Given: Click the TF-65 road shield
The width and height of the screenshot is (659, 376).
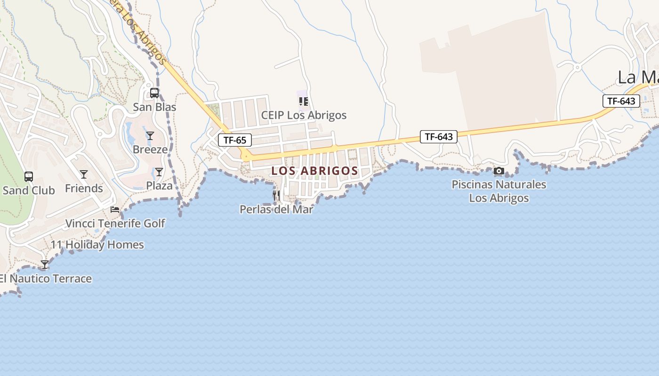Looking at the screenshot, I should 234,140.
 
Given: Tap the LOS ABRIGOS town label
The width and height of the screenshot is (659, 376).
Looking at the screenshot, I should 314,171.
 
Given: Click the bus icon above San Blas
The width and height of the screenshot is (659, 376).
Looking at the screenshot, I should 154,93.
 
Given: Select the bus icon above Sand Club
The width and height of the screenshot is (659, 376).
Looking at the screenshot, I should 29,177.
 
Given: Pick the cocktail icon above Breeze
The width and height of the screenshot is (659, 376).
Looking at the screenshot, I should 150,136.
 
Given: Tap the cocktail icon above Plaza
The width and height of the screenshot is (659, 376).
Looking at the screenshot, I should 159,172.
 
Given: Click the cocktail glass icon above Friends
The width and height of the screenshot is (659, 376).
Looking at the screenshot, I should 84,174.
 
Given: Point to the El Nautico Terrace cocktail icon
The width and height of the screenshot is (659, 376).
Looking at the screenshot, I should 45,265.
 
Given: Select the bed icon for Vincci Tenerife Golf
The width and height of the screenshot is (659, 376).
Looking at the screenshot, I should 115,209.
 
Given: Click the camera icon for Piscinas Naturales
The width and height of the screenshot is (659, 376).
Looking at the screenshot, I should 499,171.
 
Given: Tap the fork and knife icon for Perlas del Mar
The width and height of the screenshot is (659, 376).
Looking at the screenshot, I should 276,195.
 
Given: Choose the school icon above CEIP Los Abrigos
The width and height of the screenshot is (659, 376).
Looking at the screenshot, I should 304,101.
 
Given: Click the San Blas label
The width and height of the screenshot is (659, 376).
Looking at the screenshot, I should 154,107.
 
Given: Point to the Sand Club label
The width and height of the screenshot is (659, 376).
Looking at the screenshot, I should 29,190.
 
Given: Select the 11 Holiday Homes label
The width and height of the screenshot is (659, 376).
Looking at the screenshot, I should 97,245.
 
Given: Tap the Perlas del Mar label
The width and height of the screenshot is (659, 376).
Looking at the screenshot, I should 276,209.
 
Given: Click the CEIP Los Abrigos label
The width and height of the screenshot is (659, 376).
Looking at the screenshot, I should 304,115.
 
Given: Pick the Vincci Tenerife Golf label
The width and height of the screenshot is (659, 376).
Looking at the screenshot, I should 115,223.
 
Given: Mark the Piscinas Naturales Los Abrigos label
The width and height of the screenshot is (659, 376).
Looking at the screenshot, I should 499,191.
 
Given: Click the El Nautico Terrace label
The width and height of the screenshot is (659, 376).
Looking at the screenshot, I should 46,279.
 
